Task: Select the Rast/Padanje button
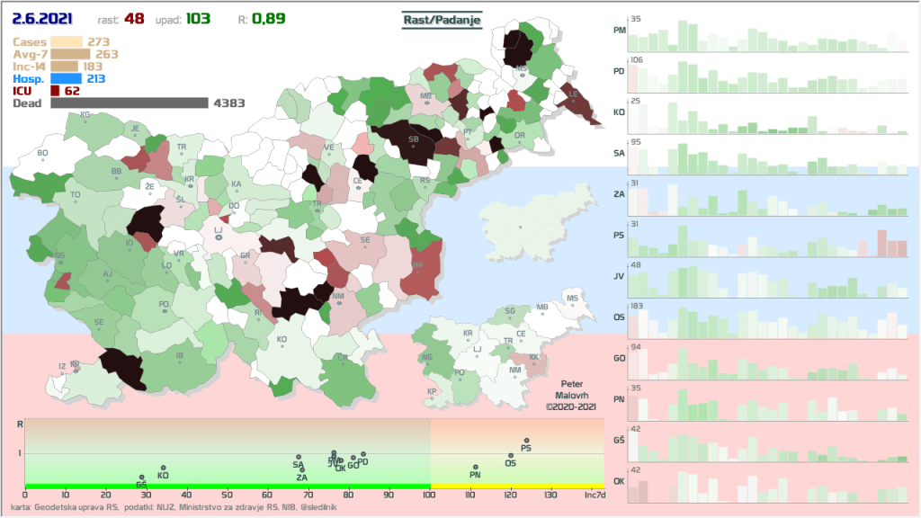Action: (x=442, y=18)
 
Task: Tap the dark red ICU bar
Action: (x=55, y=91)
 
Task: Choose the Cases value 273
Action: (x=99, y=41)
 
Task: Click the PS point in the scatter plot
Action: (x=527, y=441)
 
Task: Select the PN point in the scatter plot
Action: (x=476, y=467)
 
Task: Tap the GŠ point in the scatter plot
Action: (x=142, y=478)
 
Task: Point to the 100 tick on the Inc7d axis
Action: (x=430, y=496)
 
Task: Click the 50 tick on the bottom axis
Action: (x=227, y=496)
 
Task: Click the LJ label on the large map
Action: (x=218, y=232)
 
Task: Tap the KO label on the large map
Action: (x=282, y=340)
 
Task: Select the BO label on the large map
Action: (x=42, y=154)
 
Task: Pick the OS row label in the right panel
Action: (x=619, y=317)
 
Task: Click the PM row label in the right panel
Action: (x=619, y=30)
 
